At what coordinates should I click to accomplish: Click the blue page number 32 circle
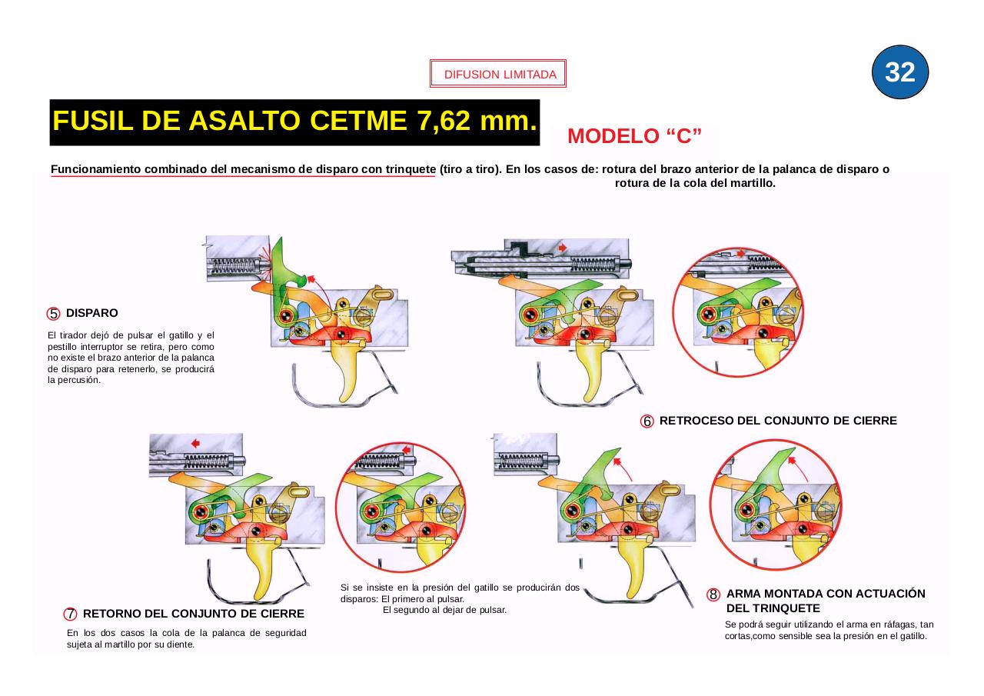(900, 72)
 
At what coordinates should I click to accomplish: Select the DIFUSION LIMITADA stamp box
(498, 75)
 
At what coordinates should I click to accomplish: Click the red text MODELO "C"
(634, 136)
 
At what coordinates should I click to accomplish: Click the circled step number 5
(53, 314)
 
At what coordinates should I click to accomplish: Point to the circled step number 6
(647, 421)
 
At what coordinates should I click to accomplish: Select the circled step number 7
(71, 614)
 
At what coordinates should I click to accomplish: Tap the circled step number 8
(713, 594)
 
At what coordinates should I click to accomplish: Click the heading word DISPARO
(91, 313)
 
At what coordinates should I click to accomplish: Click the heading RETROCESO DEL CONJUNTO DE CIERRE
(777, 421)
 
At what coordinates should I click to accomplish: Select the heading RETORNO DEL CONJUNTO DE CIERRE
(193, 614)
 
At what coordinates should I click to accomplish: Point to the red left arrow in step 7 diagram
(195, 443)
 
